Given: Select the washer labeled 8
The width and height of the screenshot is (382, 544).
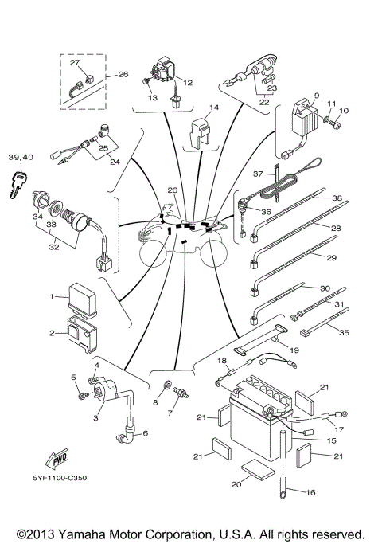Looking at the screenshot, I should tap(167, 389).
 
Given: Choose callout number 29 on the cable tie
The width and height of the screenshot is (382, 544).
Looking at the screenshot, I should tap(331, 258).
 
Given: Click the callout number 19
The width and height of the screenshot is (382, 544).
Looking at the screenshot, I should tap(294, 350).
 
